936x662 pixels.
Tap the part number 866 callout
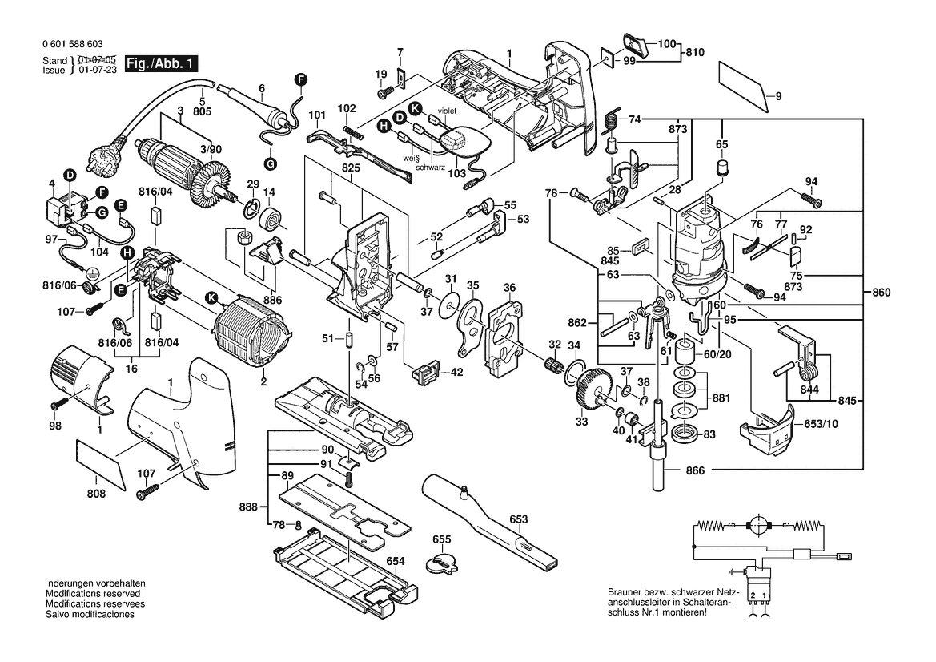coord(695,470)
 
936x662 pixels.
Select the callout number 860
coord(881,293)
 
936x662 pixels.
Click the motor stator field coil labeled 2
coord(247,330)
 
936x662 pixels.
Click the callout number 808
coord(96,494)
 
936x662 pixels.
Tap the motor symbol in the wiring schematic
coord(756,526)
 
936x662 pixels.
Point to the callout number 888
coord(248,507)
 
